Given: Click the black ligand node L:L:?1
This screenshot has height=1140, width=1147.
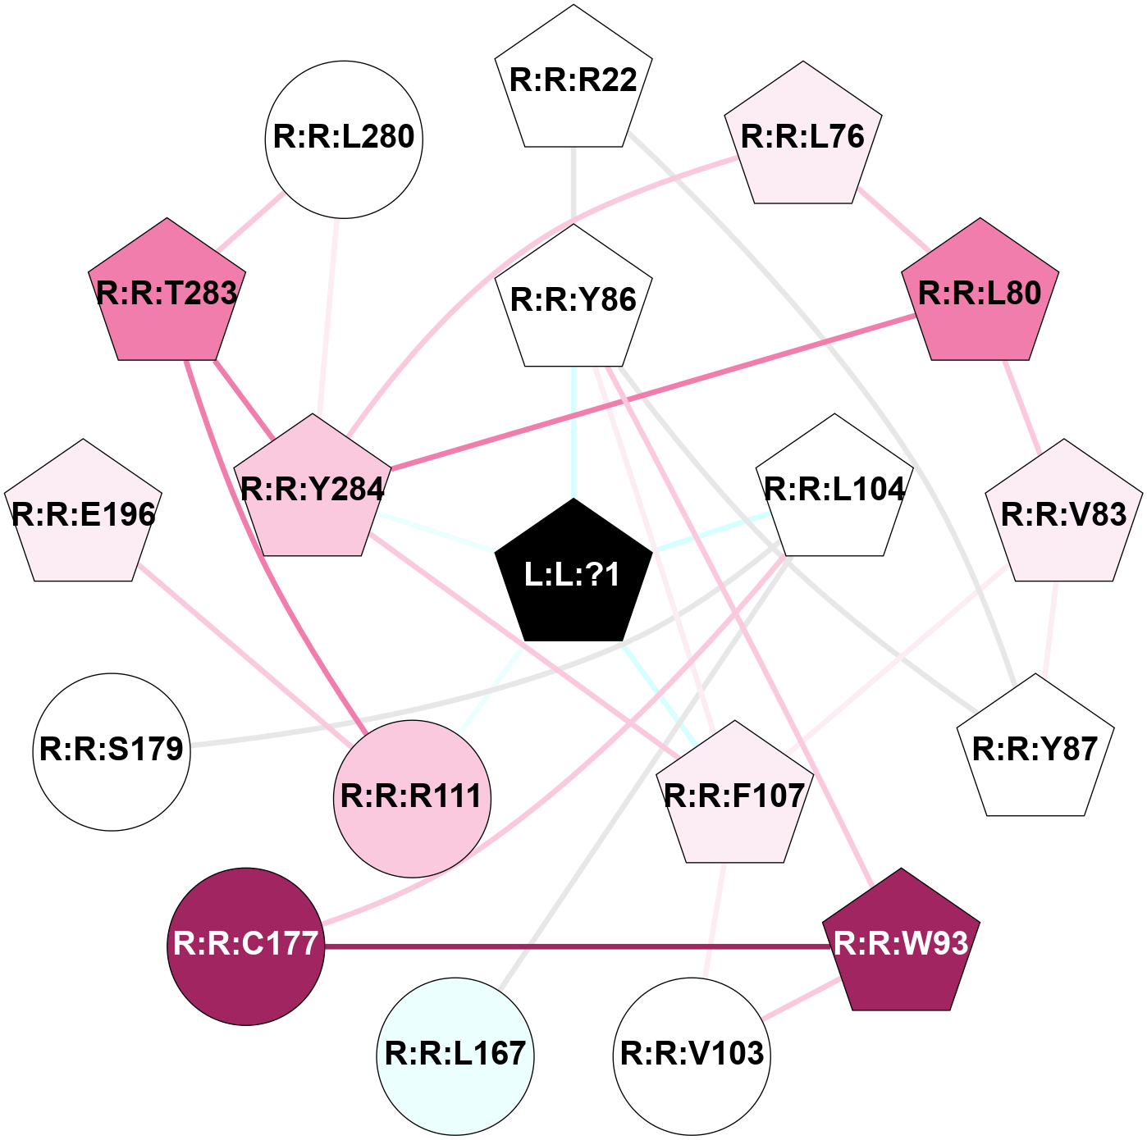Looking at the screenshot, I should pos(573,575).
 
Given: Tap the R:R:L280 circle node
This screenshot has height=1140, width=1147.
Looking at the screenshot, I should pos(344,139).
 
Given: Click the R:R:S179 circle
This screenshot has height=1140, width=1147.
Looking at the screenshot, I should pos(112,750).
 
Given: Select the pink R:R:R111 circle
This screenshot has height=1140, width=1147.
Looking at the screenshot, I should pos(412,798).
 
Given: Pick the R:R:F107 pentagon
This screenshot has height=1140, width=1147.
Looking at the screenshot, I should pos(734,796).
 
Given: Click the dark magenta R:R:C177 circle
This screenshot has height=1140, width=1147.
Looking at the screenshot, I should pos(245,946).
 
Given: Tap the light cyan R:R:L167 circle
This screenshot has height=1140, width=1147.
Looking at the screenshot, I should pos(455,1055).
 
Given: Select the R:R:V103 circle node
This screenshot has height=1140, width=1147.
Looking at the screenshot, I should pos(692,1055).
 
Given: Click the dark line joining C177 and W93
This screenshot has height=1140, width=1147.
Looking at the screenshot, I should pos(574,946).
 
